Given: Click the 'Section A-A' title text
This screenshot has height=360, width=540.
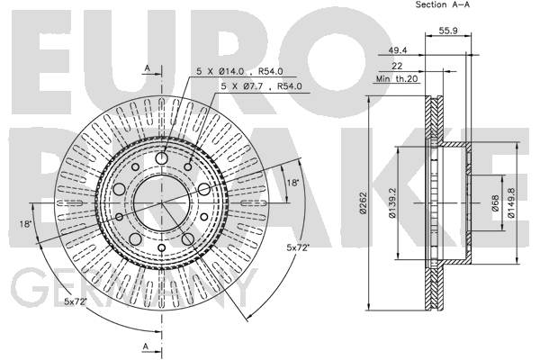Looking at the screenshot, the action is [442, 4].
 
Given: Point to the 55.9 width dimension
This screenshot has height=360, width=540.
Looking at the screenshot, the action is [448, 31].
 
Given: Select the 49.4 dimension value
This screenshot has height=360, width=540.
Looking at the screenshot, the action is [398, 50].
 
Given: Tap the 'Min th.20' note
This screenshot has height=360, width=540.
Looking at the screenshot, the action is [397, 79].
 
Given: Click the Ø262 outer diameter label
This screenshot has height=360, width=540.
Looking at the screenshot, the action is [363, 203].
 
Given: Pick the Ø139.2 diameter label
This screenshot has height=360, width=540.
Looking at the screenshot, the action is [392, 203].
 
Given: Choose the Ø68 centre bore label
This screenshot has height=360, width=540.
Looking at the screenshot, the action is [495, 203].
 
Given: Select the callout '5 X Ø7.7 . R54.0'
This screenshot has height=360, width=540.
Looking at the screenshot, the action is [261, 86].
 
